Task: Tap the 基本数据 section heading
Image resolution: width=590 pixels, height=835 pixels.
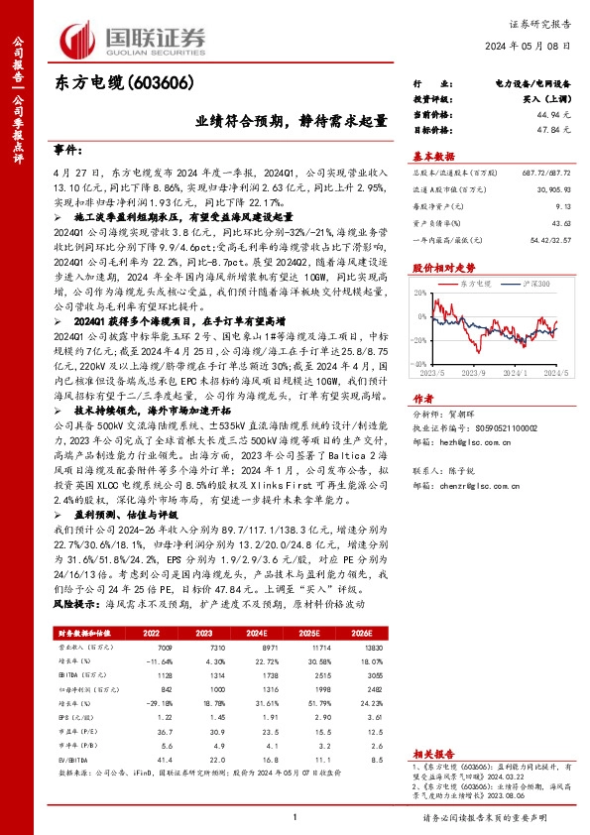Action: (x=433, y=156)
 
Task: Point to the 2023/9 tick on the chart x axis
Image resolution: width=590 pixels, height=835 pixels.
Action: (x=470, y=372)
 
